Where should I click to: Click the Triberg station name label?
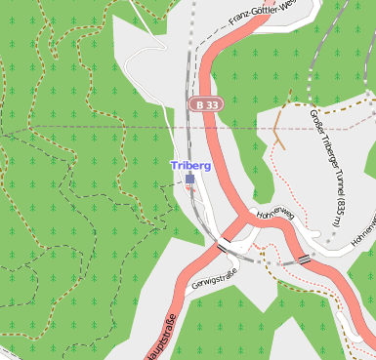(x=190, y=166)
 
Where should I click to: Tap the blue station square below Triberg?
(x=189, y=179)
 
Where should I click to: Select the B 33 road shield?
(x=206, y=103)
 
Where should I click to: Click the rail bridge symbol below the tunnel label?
(x=305, y=259)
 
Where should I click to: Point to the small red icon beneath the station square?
(x=189, y=189)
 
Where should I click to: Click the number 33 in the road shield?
(x=212, y=103)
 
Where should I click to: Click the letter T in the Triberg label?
(x=175, y=166)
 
